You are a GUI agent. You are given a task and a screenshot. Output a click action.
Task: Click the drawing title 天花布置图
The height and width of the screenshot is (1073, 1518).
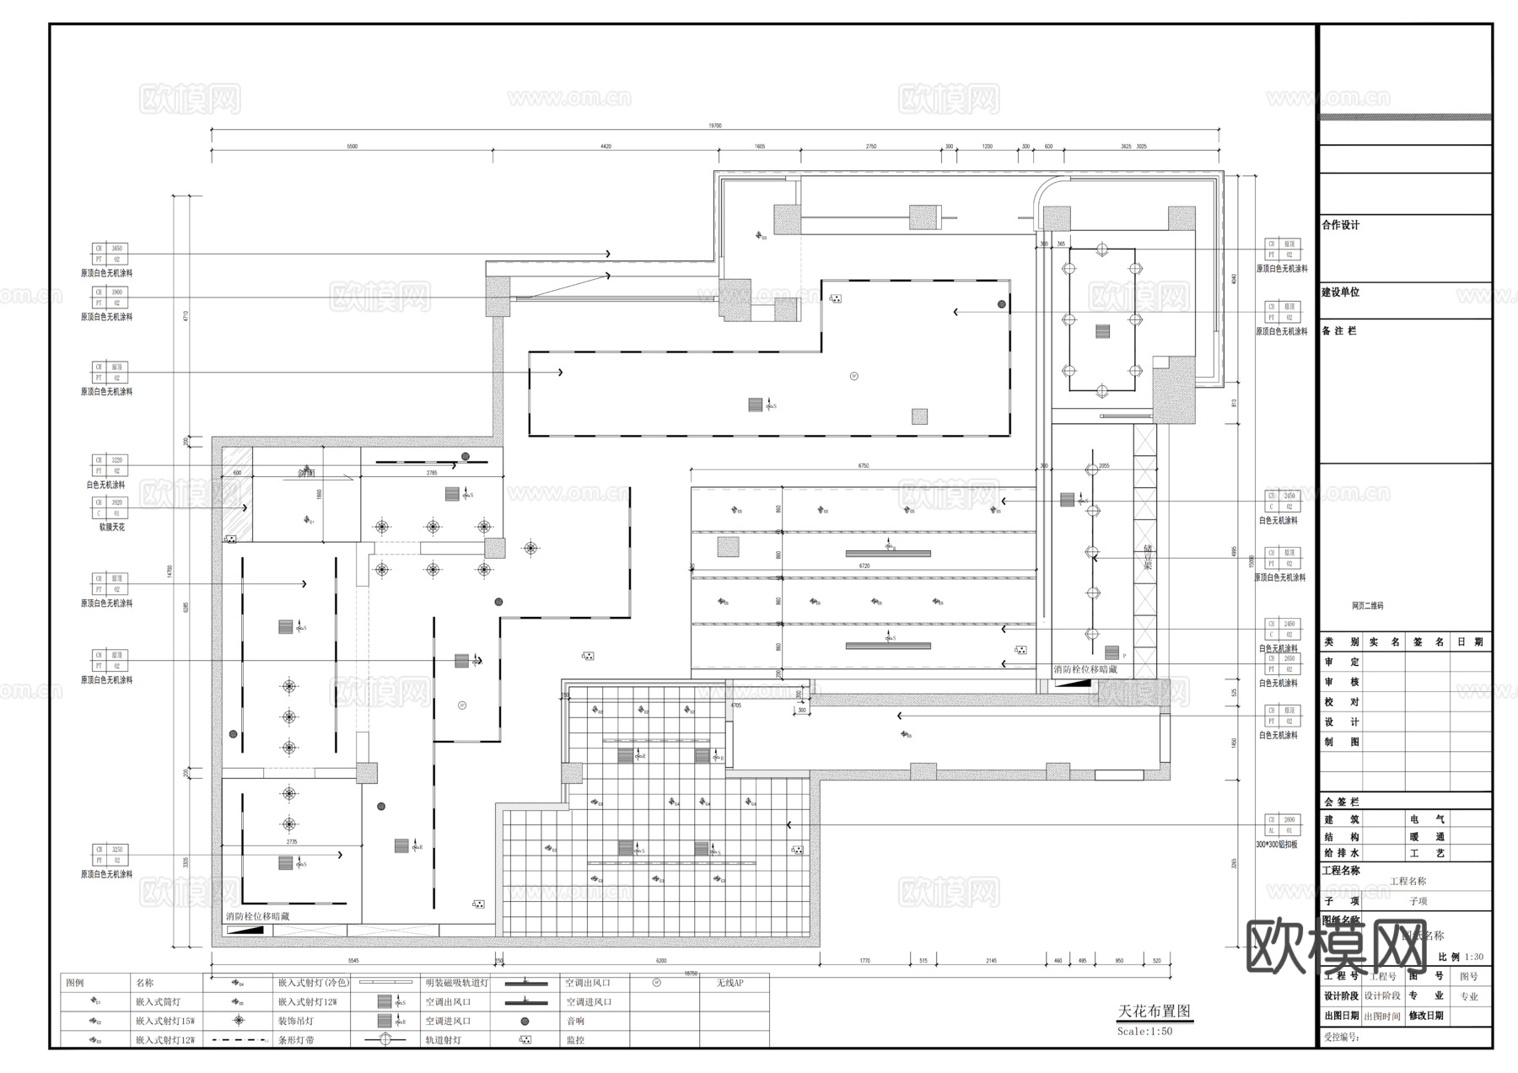click(x=1154, y=1011)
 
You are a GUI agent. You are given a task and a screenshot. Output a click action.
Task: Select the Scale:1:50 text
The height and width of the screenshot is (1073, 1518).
click(x=1144, y=1032)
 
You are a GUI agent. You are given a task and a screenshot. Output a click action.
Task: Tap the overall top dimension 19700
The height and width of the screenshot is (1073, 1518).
click(x=714, y=126)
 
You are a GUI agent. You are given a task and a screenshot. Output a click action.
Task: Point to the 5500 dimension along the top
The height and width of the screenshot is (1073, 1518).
click(x=352, y=147)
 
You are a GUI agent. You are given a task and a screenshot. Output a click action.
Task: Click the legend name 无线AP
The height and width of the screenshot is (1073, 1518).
click(x=729, y=983)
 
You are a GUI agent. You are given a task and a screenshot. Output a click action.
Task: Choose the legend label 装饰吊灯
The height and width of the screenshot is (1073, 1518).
click(x=295, y=1022)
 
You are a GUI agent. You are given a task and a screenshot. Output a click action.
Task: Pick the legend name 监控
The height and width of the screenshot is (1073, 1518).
click(x=575, y=1040)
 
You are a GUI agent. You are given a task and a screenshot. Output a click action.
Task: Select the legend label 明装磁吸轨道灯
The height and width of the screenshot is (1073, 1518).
click(x=457, y=983)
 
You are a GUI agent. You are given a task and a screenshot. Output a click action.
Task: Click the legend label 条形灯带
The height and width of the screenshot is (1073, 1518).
click(x=296, y=1040)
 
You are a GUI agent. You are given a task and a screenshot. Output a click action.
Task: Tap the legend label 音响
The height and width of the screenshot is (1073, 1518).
click(x=575, y=1022)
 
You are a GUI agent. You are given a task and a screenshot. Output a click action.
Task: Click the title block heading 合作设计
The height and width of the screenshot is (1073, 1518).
click(x=1341, y=225)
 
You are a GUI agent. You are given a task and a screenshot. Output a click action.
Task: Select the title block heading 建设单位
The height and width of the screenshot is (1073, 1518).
click(x=1341, y=292)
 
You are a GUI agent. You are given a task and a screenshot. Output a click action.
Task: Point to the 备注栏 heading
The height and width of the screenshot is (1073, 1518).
click(x=1339, y=331)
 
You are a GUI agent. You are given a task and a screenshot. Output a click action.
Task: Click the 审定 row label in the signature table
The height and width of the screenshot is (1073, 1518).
click(x=1341, y=663)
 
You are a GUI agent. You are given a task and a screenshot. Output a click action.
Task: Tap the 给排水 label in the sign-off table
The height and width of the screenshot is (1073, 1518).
click(x=1341, y=853)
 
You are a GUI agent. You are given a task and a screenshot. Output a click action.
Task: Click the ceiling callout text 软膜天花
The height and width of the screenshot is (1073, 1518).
click(x=111, y=527)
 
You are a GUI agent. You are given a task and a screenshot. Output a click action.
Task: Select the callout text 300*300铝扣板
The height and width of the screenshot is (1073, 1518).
click(x=1277, y=845)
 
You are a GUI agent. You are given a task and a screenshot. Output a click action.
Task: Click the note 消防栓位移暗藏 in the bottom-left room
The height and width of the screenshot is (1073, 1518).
click(x=257, y=916)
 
